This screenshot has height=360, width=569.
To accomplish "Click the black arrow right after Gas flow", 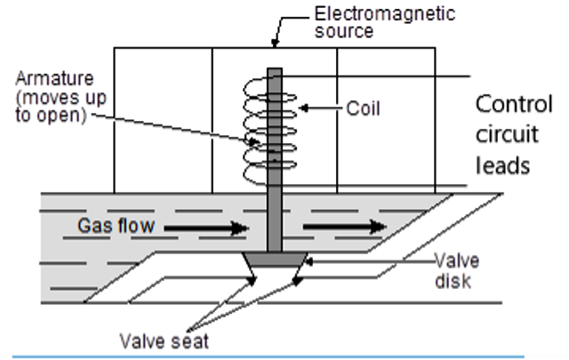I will [208, 228].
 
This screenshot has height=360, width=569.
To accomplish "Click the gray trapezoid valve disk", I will [275, 260].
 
